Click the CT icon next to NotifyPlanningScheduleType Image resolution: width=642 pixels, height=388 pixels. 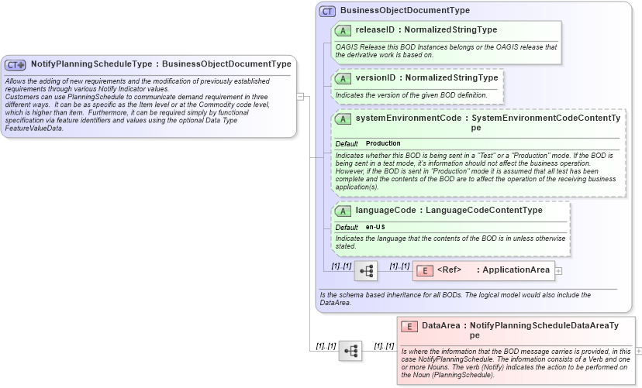[x=16, y=65]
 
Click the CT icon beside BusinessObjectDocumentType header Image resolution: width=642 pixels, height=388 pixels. [x=327, y=12]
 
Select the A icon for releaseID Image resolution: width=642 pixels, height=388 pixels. [x=343, y=31]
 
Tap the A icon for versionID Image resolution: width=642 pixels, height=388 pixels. [x=343, y=78]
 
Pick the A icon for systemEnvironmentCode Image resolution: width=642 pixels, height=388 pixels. [x=343, y=119]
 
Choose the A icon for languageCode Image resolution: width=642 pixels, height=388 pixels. [x=343, y=211]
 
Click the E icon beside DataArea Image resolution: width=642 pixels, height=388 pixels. [x=409, y=327]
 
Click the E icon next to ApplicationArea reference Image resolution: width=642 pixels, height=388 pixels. [x=425, y=270]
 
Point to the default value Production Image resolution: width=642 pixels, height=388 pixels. [x=383, y=144]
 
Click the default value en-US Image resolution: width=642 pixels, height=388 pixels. [x=375, y=227]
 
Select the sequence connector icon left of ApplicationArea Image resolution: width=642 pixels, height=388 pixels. [x=366, y=271]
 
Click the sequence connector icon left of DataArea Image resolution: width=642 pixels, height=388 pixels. [x=350, y=351]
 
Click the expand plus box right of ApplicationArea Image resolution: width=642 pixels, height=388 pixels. [x=558, y=271]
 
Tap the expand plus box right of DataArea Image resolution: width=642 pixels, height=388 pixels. [x=638, y=351]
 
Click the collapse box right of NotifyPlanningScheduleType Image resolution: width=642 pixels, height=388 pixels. [x=300, y=97]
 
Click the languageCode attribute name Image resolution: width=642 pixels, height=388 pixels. [x=384, y=211]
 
